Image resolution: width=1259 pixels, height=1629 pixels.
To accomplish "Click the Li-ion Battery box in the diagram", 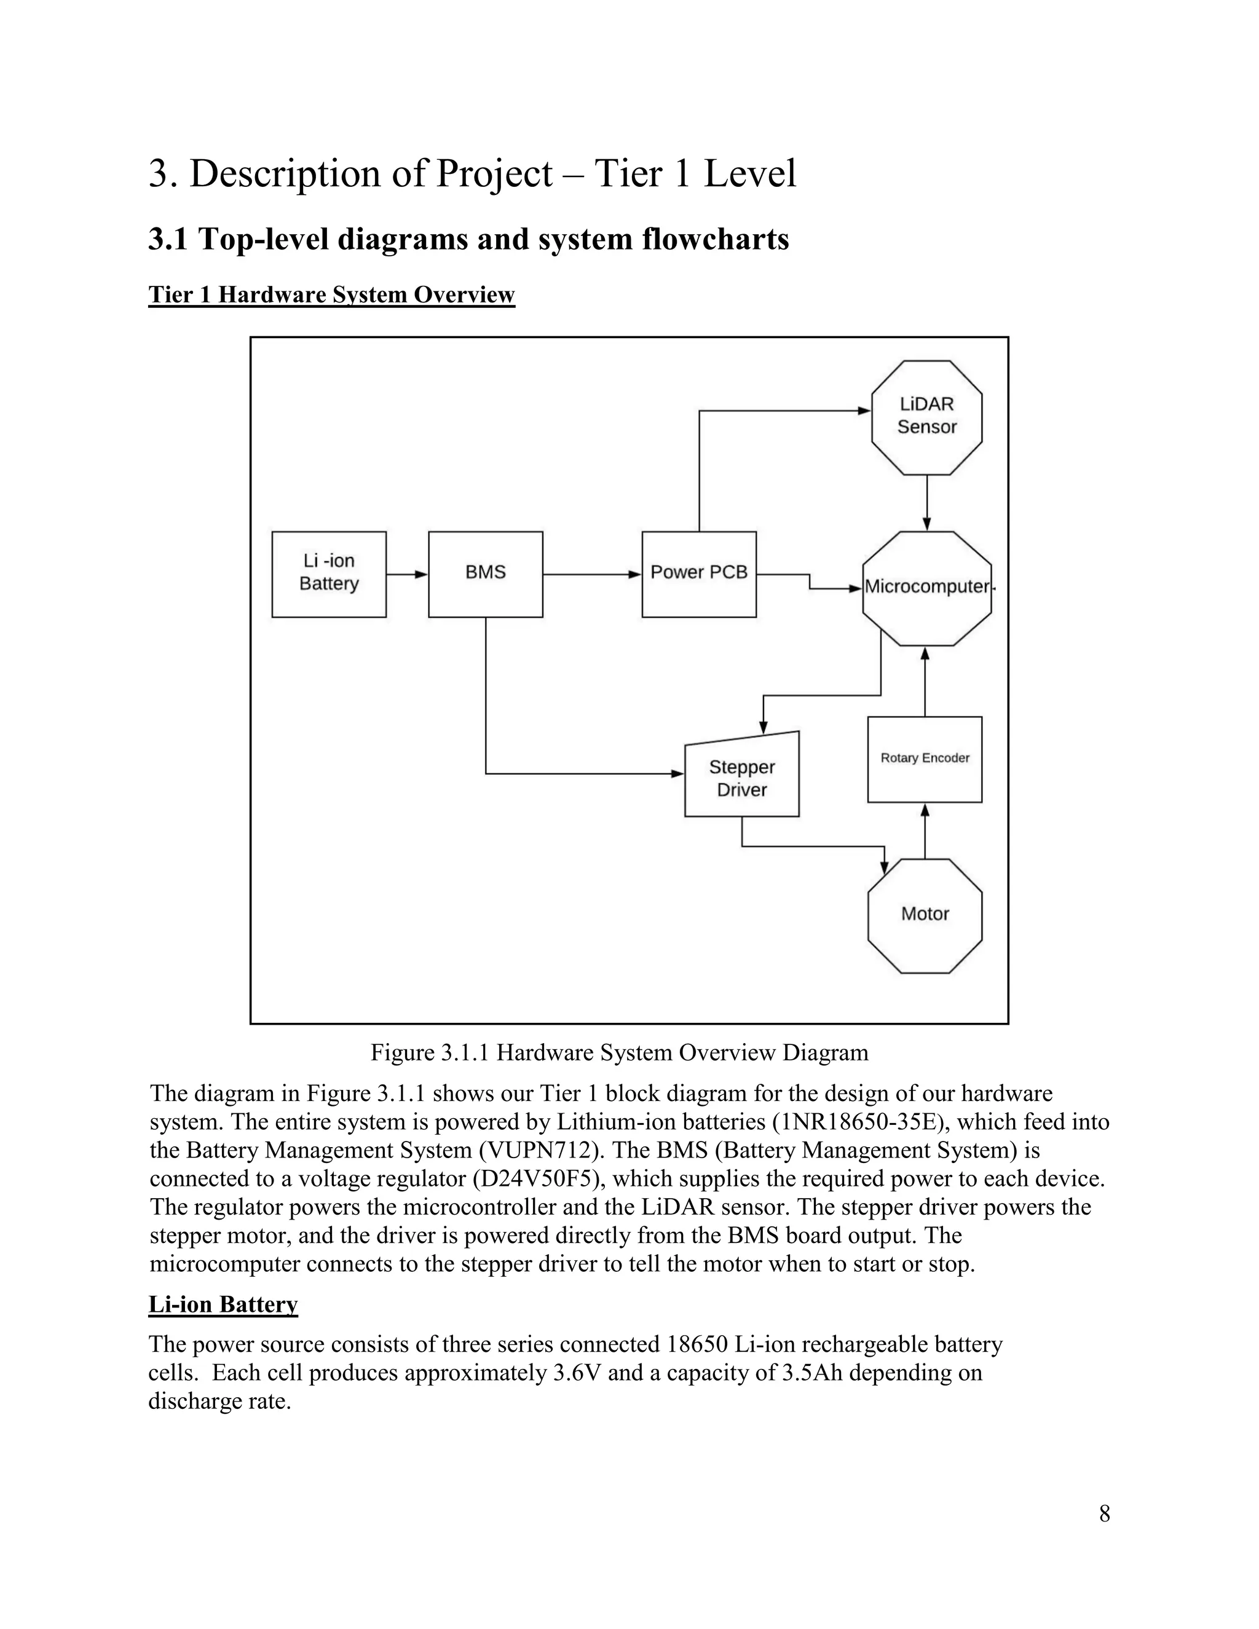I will pyautogui.click(x=329, y=574).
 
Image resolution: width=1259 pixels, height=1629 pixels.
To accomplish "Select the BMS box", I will pyautogui.click(x=486, y=574).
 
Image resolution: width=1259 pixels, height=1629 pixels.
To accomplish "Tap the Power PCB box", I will pyautogui.click(x=699, y=574).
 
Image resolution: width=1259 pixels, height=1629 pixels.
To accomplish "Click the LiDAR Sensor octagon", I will pyautogui.click(x=926, y=417).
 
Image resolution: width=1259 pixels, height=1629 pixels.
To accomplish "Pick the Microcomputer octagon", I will pyautogui.click(x=926, y=588).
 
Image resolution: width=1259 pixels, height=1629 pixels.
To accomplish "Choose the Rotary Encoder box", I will pyautogui.click(x=925, y=759).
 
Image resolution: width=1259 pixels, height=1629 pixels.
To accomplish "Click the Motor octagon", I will pyautogui.click(x=925, y=916).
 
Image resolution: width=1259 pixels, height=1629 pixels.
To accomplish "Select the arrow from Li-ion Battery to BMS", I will pyautogui.click(x=407, y=574).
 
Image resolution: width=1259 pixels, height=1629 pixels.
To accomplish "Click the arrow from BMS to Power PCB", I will pyautogui.click(x=591, y=574).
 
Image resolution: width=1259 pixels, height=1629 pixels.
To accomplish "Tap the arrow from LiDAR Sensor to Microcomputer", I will pyautogui.click(x=926, y=503).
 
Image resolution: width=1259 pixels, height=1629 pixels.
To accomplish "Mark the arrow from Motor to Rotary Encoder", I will pyautogui.click(x=925, y=831).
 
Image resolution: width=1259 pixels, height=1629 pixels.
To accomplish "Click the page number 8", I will pyautogui.click(x=1105, y=1513).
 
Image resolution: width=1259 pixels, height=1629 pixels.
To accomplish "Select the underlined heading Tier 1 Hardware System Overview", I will pyautogui.click(x=331, y=294).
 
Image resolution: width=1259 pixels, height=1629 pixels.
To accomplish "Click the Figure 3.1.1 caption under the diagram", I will pyautogui.click(x=619, y=1052).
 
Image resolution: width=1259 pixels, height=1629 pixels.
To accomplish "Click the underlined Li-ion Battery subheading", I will pyautogui.click(x=223, y=1304).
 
